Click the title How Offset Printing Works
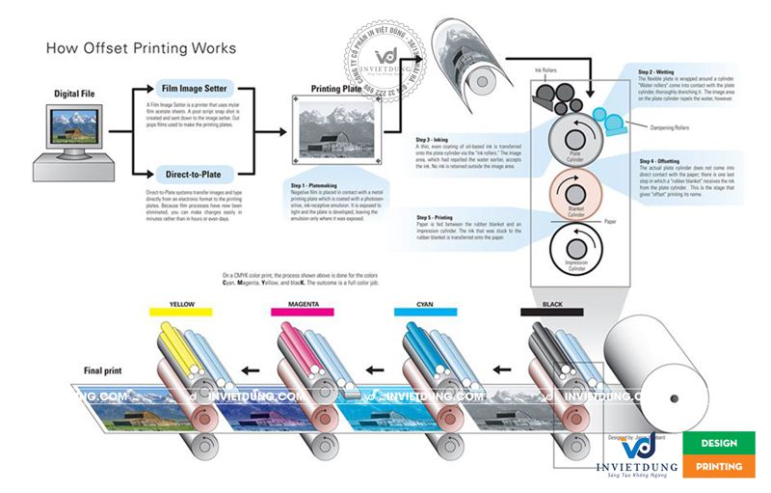140,47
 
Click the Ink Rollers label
545,70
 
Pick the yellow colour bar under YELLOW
181,313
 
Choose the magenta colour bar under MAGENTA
303,313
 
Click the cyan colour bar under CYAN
425,313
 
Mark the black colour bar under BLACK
551,313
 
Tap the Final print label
103,370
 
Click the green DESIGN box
718,443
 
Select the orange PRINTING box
718,466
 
